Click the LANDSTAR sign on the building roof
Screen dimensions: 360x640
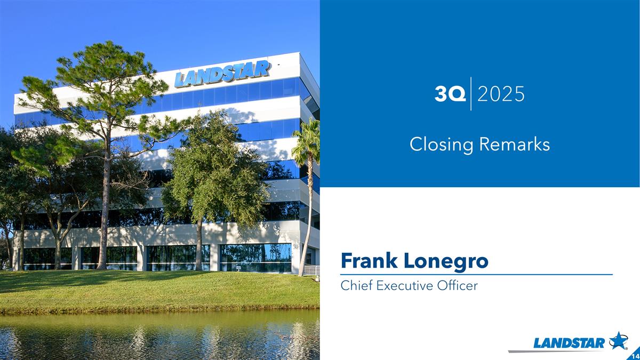pos(222,74)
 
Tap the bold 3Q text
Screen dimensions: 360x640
pos(450,94)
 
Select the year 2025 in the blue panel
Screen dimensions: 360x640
pos(501,94)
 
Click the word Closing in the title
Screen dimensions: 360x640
pos(441,144)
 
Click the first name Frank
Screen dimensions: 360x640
pos(369,261)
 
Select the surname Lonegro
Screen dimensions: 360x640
pos(446,261)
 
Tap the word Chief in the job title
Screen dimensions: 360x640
pos(356,286)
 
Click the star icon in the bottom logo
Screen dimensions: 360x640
pos(618,340)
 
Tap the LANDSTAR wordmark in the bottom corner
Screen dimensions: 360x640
pos(569,343)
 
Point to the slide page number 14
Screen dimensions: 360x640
pos(634,355)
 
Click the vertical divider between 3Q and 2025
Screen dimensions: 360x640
pos(471,94)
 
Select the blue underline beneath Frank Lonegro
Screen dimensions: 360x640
pos(476,275)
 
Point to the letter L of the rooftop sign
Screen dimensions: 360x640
pos(180,80)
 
